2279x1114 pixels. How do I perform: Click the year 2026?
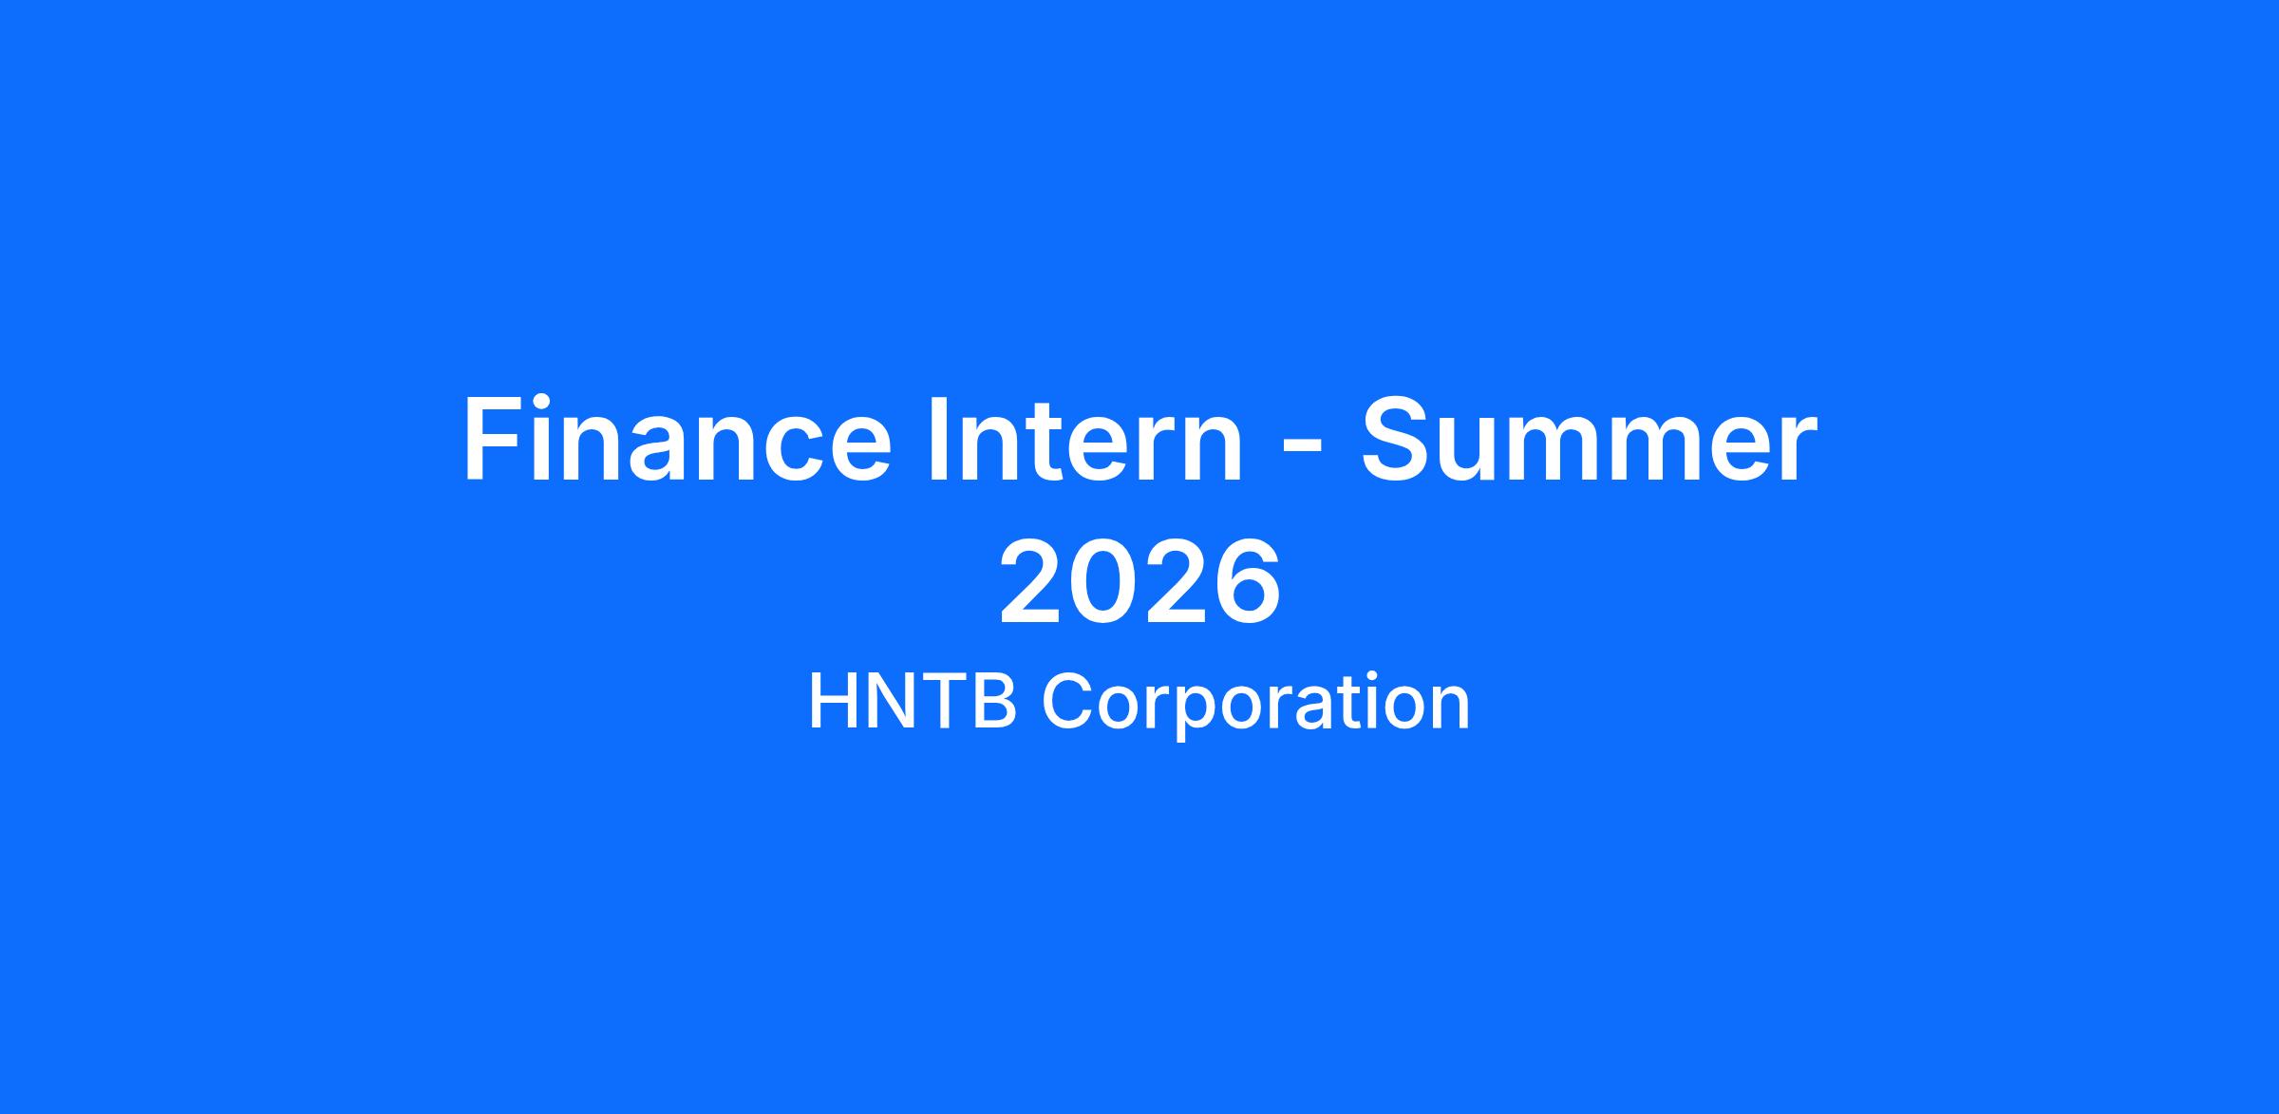coord(1139,582)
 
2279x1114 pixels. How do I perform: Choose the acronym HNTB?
coord(912,702)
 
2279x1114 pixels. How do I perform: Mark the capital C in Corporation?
coord(1068,702)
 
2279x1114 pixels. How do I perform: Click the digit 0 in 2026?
coord(1103,582)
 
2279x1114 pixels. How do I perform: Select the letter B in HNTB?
coord(994,702)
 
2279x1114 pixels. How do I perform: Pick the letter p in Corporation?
coord(1201,714)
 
